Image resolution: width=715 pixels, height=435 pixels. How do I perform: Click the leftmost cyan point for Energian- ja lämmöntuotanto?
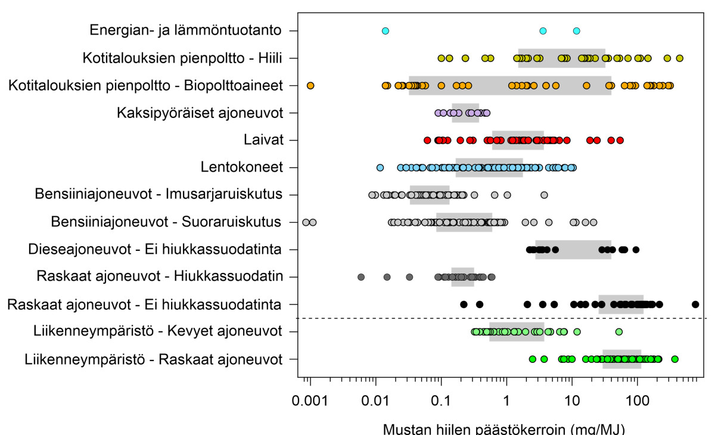point(385,30)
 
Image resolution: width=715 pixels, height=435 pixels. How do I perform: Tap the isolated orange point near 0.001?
point(310,85)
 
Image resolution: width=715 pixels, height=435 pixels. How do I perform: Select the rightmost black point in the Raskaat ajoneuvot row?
point(695,304)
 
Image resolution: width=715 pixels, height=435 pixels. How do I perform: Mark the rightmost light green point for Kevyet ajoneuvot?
point(618,332)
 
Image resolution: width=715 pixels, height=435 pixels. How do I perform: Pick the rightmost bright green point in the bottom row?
point(674,359)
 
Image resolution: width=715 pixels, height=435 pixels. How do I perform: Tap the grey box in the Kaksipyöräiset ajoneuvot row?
point(465,113)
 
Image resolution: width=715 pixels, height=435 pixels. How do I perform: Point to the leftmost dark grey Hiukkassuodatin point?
point(361,277)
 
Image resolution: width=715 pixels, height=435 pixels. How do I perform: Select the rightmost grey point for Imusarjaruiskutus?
point(544,195)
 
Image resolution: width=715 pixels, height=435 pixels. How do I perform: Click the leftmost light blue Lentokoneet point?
point(380,167)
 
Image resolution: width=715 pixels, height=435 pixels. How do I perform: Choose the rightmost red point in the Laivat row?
point(620,140)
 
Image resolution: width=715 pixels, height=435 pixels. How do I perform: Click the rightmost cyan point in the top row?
point(576,30)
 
